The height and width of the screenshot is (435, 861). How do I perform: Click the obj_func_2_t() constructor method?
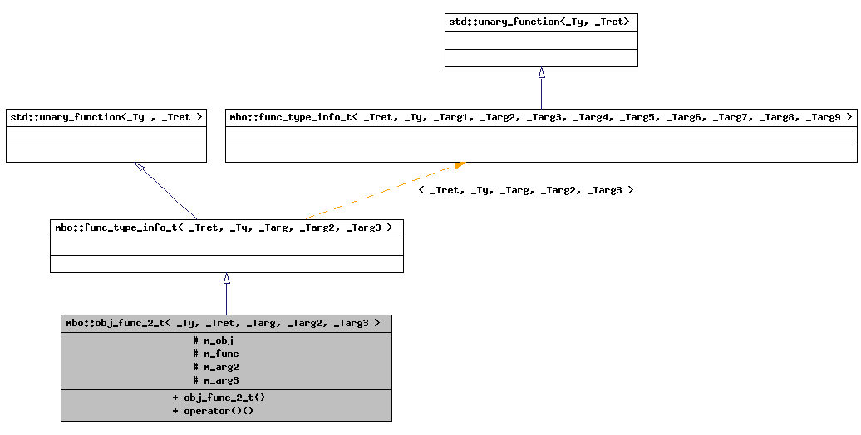219,398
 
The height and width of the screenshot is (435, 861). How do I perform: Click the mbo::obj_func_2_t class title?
224,323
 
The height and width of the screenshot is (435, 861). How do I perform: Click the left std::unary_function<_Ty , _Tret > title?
106,118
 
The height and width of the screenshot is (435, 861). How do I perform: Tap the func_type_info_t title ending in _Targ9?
540,118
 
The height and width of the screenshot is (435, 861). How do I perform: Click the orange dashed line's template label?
525,190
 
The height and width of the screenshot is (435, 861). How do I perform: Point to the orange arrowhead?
459,165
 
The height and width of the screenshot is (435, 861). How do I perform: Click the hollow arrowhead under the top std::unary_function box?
542,73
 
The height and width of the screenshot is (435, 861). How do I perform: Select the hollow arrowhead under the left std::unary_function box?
140,168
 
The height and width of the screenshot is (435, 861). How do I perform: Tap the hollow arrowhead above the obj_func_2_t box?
226,279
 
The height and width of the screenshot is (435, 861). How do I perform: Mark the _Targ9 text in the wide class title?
824,118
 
